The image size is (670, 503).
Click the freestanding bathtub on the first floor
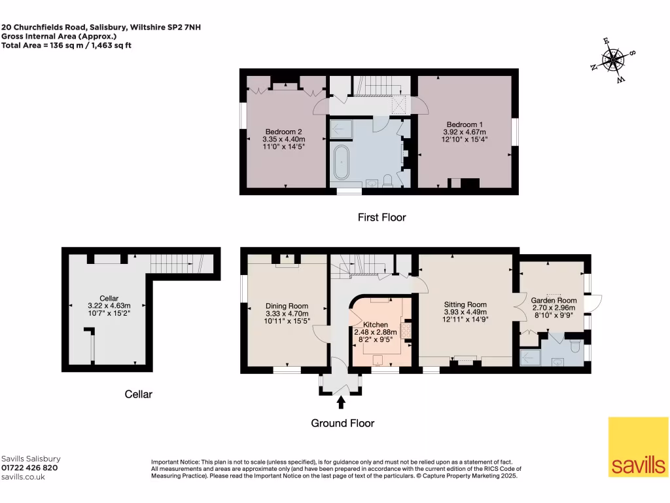coord(342,163)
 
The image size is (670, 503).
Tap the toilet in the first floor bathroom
coord(387,181)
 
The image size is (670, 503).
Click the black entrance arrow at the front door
coord(340,401)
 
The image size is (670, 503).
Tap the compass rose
coord(613,62)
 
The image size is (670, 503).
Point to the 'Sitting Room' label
coord(465,305)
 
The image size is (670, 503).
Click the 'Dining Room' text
coord(287,306)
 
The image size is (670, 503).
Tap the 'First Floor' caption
coord(381,217)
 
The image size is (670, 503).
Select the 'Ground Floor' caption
coord(343,423)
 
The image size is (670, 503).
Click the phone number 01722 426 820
coord(29,468)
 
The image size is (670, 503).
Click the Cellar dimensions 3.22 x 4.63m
coord(109,306)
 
